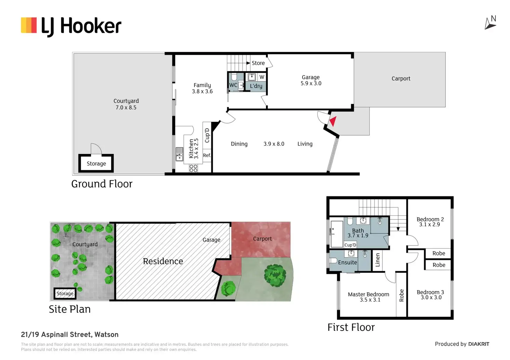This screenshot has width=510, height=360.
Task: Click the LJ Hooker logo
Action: (71, 26)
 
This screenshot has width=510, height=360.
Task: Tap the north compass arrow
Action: (490, 23)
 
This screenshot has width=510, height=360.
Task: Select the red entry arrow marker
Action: (333, 121)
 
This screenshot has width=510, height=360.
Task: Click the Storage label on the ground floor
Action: (96, 163)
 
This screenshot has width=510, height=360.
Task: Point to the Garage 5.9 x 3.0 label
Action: (311, 80)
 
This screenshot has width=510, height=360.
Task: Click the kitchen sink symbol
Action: (179, 154)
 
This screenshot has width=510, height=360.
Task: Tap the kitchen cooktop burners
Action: (193, 168)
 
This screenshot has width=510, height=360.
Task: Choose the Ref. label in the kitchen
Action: (207, 155)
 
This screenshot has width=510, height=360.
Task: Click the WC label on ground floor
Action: (233, 85)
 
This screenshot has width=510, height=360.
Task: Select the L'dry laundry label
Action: (256, 86)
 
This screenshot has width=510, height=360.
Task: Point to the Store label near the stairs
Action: (258, 63)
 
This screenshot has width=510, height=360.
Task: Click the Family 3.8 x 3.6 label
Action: (202, 88)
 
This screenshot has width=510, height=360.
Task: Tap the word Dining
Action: (239, 144)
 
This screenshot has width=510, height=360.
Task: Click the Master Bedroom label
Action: (369, 297)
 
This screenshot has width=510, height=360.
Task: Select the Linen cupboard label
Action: (378, 260)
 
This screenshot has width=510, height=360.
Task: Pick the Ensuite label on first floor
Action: (348, 262)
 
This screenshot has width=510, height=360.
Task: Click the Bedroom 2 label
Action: (430, 222)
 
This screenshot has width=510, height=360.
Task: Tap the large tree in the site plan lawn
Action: (275, 276)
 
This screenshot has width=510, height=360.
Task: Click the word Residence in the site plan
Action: (163, 261)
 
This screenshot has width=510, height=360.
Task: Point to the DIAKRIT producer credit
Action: (478, 344)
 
